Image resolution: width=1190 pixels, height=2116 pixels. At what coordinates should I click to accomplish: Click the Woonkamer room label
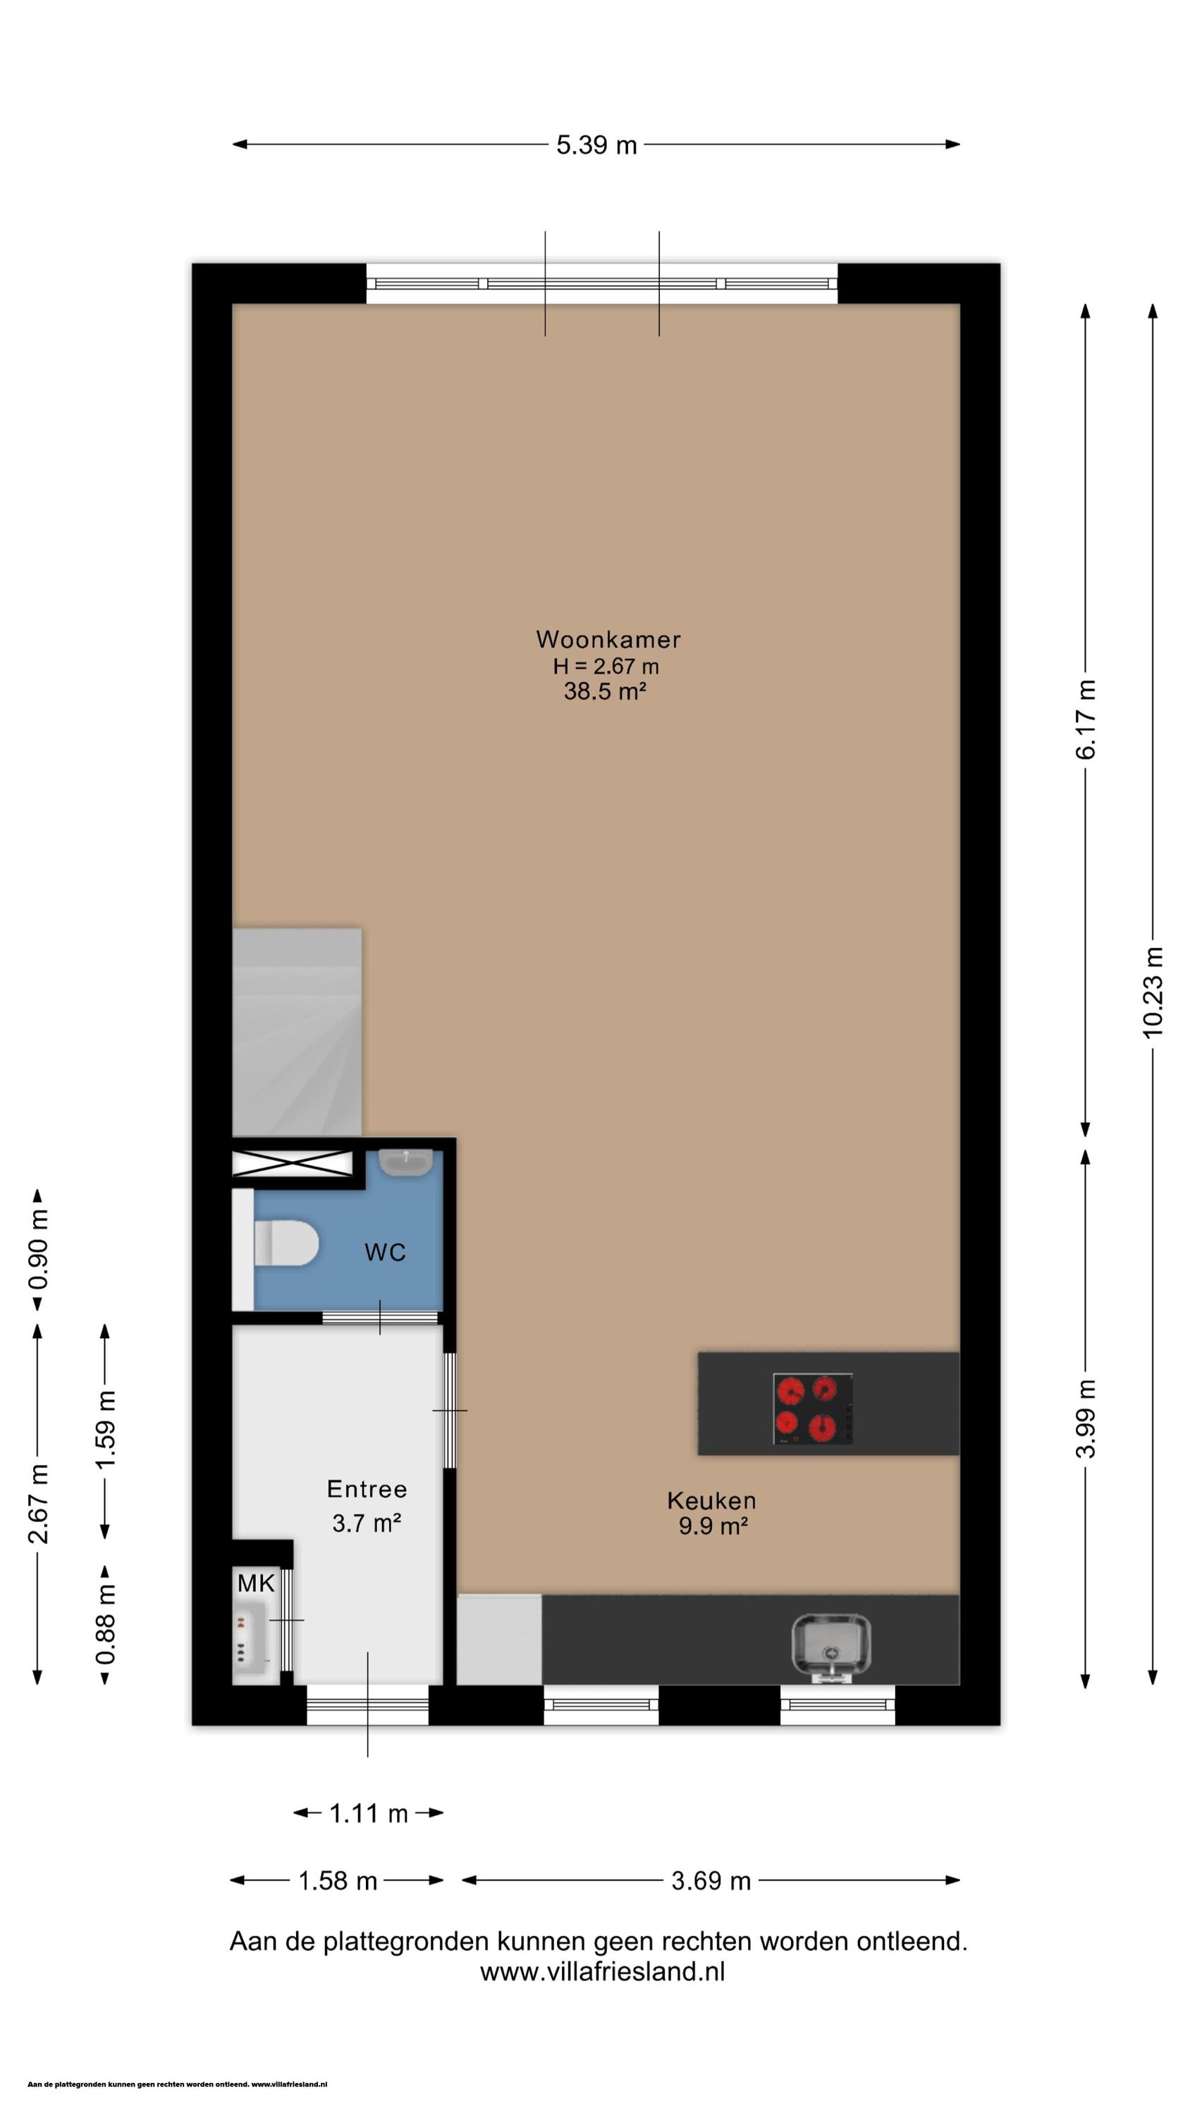pos(608,638)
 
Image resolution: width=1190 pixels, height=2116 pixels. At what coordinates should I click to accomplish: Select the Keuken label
pos(711,1500)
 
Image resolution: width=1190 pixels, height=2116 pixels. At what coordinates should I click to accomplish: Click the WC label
pos(385,1252)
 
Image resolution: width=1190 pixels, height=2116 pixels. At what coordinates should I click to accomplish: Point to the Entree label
pos(367,1488)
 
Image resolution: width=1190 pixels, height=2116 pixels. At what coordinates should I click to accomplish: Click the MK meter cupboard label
pos(255,1583)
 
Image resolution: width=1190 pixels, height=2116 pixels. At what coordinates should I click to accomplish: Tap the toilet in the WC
pos(285,1244)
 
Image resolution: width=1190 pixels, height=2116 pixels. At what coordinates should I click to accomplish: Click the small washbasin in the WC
pos(405,1162)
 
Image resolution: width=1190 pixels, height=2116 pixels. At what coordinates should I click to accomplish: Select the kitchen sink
pos(830,1646)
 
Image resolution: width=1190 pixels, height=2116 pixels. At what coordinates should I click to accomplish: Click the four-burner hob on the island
pos(812,1409)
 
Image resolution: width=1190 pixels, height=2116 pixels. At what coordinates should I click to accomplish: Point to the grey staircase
pos(297,1033)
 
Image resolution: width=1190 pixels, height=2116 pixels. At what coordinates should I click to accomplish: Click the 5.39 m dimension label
pos(596,145)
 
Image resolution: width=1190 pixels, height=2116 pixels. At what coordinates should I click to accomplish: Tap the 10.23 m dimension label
pos(1153,992)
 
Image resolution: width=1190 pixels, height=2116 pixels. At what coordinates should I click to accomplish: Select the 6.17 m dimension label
pos(1086,719)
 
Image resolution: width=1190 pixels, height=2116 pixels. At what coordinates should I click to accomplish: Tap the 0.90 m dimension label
pos(38,1248)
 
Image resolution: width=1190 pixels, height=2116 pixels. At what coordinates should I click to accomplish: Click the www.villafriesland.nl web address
pos(602,1971)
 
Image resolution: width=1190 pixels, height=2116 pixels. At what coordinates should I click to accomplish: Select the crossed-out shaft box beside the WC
pos(293,1163)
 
